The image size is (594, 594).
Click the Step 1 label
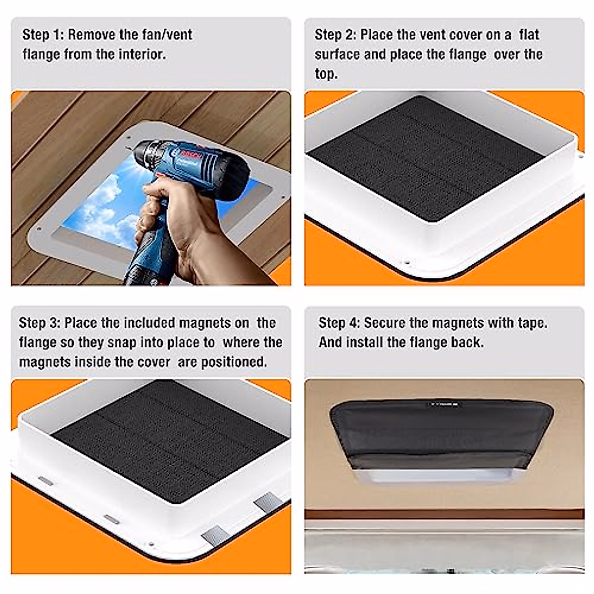43,35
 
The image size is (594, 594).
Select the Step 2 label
335,35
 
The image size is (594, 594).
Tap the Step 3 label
40,323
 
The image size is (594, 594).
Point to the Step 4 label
339,323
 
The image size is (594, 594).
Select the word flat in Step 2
529,35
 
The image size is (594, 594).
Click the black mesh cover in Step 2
425,157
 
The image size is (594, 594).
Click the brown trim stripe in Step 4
444,514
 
